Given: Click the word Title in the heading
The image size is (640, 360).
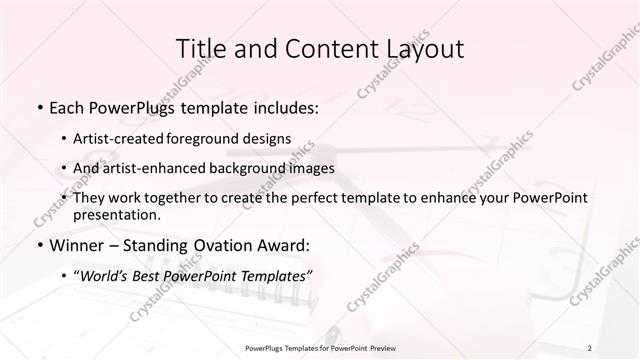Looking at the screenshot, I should pos(200,48).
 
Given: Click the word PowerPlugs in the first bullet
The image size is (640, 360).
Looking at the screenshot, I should pos(133,106).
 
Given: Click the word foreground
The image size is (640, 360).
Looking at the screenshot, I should pos(209,139).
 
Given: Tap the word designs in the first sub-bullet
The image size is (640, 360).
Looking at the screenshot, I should pos(269,139).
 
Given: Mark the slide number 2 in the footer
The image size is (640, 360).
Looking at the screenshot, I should pos(590,348).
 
